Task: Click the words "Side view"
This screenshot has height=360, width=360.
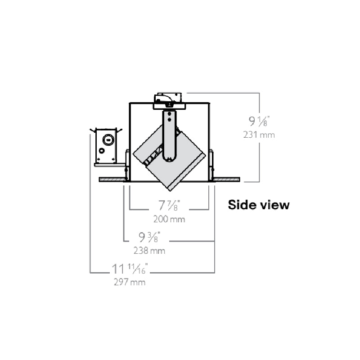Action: [x=259, y=205]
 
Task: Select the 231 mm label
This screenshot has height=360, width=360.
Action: [x=259, y=135]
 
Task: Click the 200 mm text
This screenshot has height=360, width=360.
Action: [x=169, y=220]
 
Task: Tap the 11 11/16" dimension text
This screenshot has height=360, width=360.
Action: [x=130, y=269]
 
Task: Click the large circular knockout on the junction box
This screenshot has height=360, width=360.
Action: [x=108, y=139]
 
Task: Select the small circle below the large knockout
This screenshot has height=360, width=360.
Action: [x=103, y=151]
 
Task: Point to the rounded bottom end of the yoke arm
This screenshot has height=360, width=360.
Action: [x=169, y=157]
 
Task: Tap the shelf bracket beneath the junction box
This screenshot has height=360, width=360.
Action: [x=108, y=165]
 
